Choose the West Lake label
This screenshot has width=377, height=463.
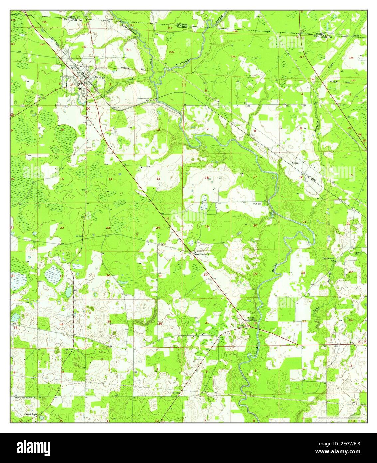[32, 415]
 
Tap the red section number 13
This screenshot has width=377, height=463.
[158, 179]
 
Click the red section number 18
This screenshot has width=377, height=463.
[207, 178]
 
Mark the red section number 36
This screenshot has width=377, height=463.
[160, 324]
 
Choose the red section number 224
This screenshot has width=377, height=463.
[128, 49]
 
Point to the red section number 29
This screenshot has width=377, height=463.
[255, 274]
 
